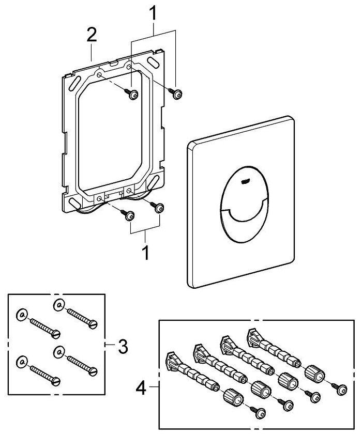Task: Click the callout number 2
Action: click(92, 37)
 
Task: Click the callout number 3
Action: click(122, 346)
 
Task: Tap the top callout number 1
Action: click(153, 12)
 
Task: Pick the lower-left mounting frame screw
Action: click(129, 216)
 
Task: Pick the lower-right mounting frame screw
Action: click(159, 208)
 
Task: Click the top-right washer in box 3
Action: click(58, 305)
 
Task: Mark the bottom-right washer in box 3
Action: click(58, 351)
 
